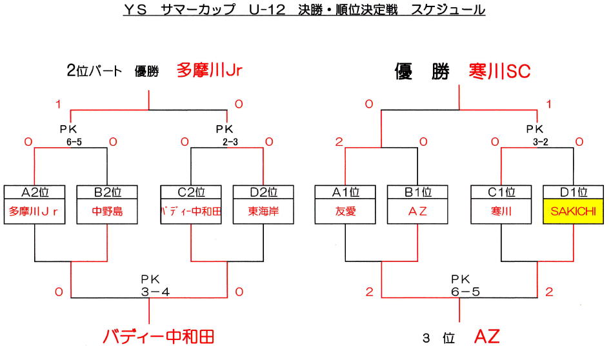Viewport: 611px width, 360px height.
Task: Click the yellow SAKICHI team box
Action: point(574,212)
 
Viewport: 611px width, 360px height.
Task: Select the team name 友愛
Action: point(345,212)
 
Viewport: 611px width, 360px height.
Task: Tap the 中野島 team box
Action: point(106,212)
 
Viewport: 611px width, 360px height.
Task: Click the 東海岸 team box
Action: point(263,212)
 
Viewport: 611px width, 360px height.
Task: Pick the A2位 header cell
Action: point(34,192)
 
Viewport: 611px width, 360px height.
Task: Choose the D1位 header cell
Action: point(574,192)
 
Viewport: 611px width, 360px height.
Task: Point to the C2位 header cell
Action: point(191,192)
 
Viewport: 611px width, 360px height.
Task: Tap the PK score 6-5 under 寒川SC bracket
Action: point(459,292)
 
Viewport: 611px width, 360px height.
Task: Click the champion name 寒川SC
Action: point(500,72)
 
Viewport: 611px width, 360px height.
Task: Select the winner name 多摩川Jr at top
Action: point(210,70)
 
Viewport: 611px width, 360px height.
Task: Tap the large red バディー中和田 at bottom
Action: point(158,337)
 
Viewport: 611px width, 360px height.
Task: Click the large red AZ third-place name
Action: point(486,336)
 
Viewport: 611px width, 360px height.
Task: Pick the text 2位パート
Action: point(94,72)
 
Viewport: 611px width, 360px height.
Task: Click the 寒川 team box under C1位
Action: point(501,212)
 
